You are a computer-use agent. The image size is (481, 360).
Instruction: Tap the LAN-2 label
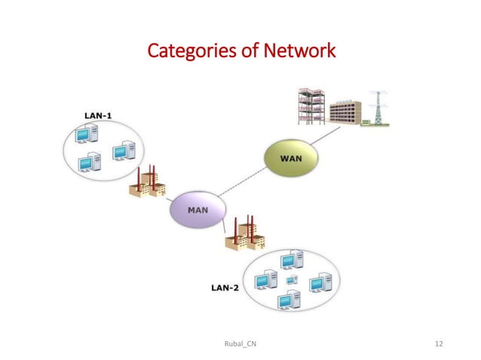point(225,288)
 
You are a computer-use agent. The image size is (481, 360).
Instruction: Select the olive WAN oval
point(290,159)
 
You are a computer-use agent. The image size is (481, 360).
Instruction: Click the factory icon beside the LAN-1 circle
point(149,182)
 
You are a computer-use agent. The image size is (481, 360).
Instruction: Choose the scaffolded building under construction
point(310,106)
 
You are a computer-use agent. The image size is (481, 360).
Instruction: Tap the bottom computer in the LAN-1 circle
point(90,161)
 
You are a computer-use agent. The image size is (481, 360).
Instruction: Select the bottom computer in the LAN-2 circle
point(286,299)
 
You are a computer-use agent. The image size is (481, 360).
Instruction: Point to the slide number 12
point(439,343)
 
